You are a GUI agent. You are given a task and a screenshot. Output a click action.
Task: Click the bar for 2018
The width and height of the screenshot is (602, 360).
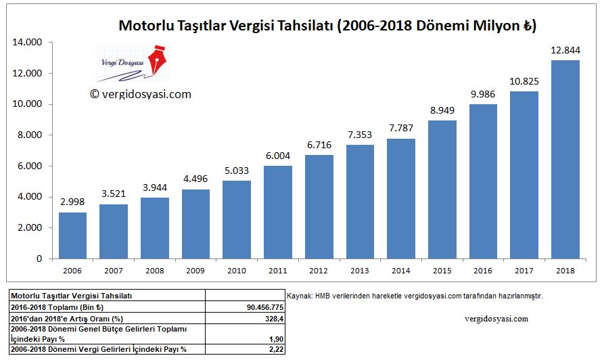565,160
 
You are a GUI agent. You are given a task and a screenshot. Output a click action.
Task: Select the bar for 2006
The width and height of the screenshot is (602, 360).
73,235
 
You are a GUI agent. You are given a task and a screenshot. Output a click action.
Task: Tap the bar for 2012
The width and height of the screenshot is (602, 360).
319,206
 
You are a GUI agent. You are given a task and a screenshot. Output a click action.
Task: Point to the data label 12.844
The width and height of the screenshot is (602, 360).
565,51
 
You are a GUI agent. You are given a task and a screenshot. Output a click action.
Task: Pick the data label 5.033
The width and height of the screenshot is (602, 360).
237,172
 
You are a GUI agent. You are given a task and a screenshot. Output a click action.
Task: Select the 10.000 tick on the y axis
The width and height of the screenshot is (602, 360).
28,104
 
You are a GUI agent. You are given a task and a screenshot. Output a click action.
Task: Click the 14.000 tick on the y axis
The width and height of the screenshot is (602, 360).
28,43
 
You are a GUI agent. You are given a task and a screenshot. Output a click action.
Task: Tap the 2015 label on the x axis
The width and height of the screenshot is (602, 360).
442,270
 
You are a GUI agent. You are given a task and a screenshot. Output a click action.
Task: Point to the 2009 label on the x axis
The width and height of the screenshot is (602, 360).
196,270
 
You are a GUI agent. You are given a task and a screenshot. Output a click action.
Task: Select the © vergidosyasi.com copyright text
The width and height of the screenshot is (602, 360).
140,95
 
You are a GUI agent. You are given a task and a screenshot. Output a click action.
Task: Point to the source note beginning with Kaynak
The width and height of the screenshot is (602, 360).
415,296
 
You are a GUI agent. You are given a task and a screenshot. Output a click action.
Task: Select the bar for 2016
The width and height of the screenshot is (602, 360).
483,181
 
